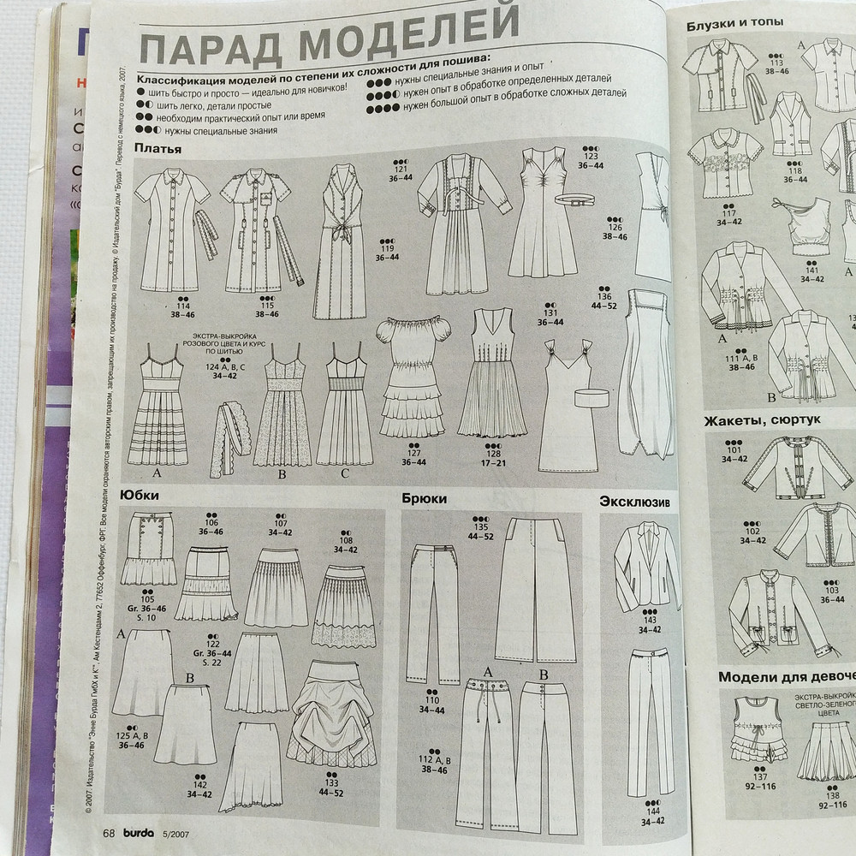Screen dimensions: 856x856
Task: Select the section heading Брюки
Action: pyautogui.click(x=424, y=497)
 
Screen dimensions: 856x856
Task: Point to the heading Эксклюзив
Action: pyautogui.click(x=633, y=500)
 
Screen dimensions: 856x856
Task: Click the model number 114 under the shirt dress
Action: pyautogui.click(x=181, y=306)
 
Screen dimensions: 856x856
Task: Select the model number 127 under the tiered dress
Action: pyautogui.click(x=413, y=454)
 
